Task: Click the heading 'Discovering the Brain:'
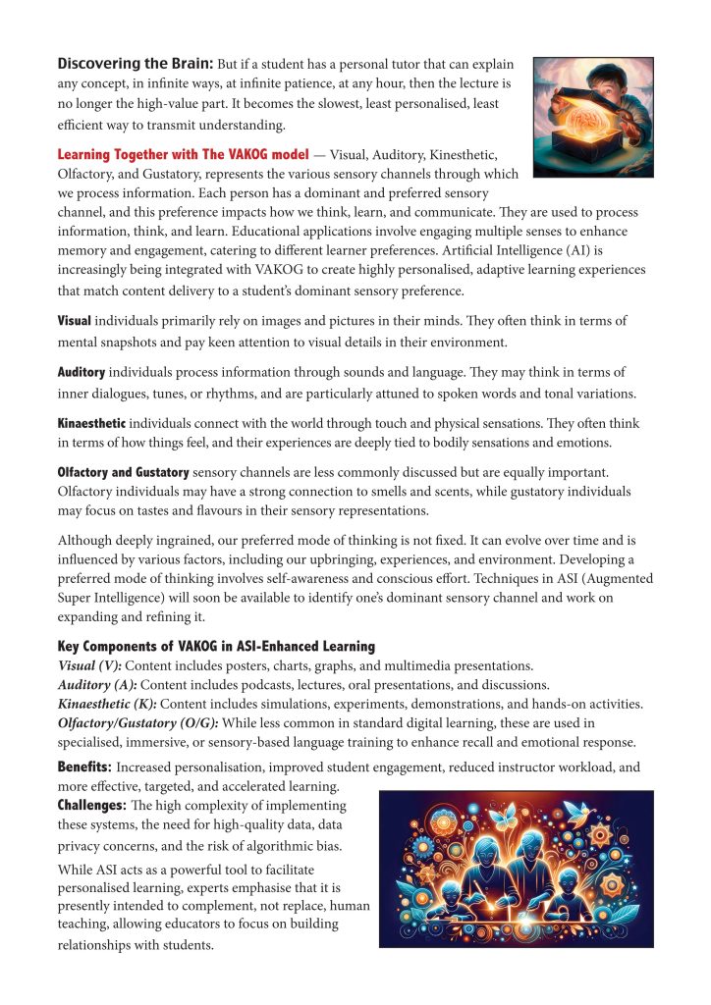click(x=135, y=64)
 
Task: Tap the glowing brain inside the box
click(x=584, y=134)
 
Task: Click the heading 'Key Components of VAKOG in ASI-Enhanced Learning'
click(x=216, y=646)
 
